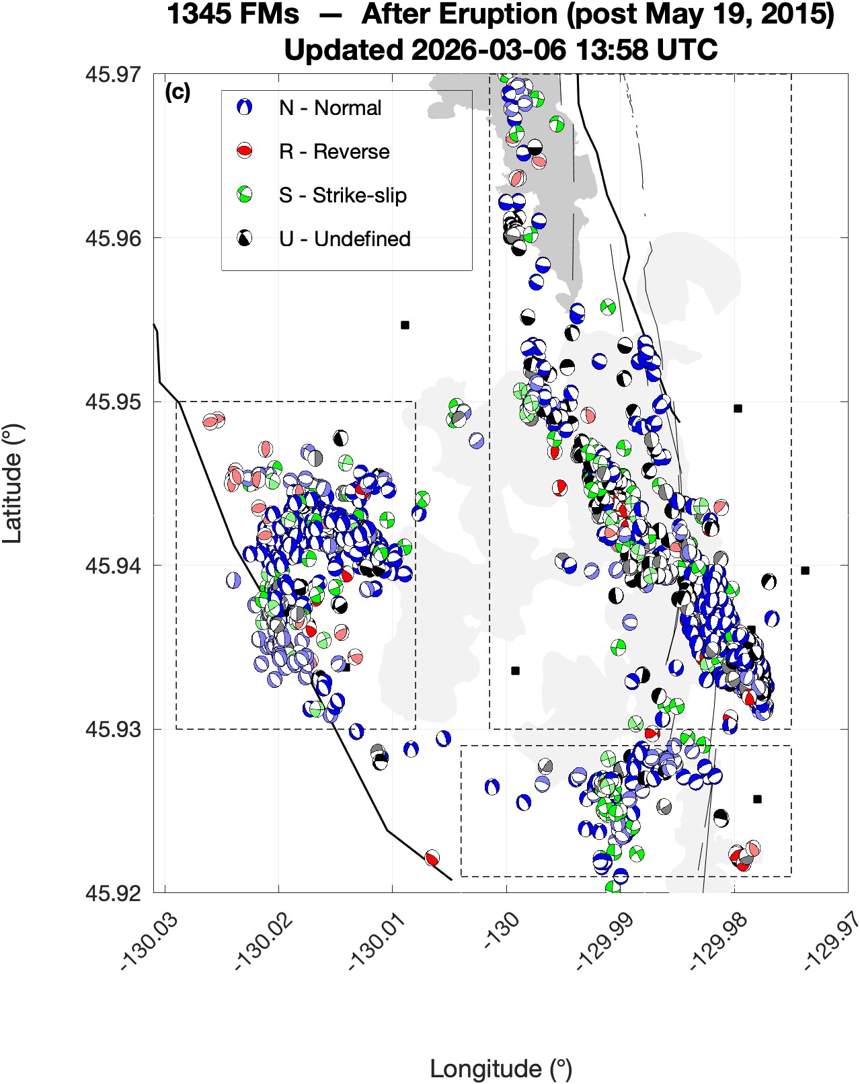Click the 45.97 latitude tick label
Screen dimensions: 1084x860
(113, 73)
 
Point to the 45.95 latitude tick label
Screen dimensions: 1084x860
(113, 401)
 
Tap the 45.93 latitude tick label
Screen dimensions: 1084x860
(113, 729)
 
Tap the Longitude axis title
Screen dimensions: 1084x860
(500, 1069)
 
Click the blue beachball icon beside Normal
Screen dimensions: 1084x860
(245, 107)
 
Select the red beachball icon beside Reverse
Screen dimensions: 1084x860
(245, 151)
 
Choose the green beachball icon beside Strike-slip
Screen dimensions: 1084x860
(245, 195)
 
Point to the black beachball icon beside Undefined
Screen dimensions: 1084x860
(245, 238)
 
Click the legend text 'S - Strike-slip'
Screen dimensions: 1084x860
(343, 195)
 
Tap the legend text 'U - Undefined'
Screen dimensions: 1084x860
(345, 239)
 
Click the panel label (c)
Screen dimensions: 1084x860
(177, 92)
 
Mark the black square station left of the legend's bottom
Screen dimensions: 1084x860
(405, 325)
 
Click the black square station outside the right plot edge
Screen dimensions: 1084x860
(805, 570)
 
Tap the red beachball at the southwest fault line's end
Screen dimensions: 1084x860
(432, 857)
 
